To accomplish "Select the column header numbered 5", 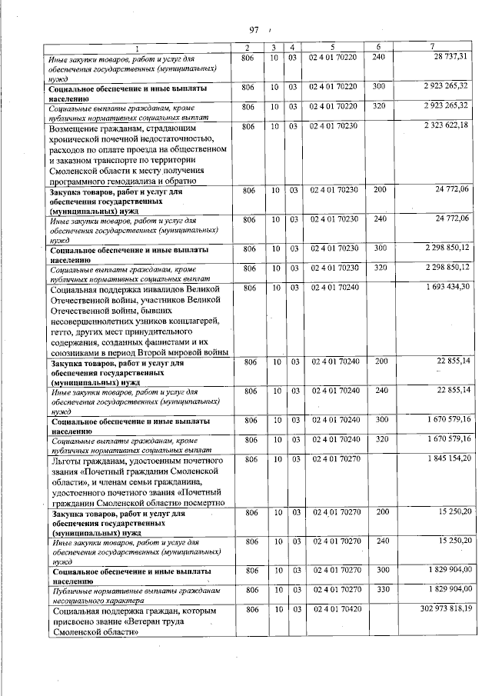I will point(332,48).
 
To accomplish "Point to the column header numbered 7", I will point(433,48).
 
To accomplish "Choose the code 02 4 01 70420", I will point(332,609).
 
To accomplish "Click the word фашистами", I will point(165,342).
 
